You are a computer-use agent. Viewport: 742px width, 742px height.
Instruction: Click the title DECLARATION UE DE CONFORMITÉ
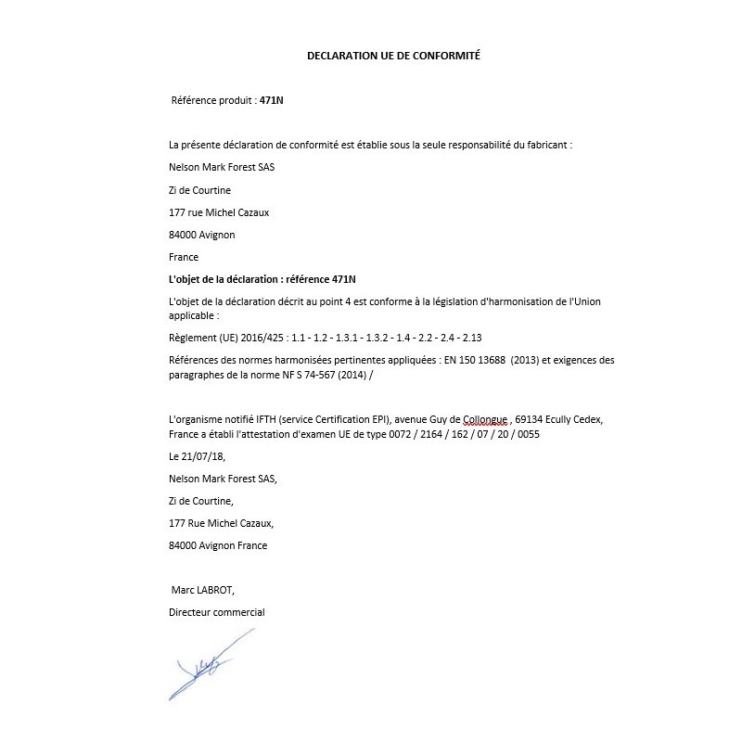(x=393, y=56)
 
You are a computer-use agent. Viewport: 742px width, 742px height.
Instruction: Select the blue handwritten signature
(x=210, y=662)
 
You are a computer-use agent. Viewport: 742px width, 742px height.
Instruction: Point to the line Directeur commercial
(x=217, y=612)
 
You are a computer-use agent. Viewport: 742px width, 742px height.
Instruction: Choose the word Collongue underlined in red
(x=482, y=419)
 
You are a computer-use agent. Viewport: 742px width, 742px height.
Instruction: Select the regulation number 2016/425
(x=264, y=337)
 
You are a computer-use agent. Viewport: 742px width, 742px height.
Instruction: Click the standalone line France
(x=184, y=257)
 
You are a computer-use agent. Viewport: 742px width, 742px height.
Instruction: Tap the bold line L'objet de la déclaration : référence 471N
(x=262, y=279)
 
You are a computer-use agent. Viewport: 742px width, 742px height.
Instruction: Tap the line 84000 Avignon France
(x=218, y=545)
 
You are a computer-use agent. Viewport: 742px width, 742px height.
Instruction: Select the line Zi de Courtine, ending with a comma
(x=201, y=501)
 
